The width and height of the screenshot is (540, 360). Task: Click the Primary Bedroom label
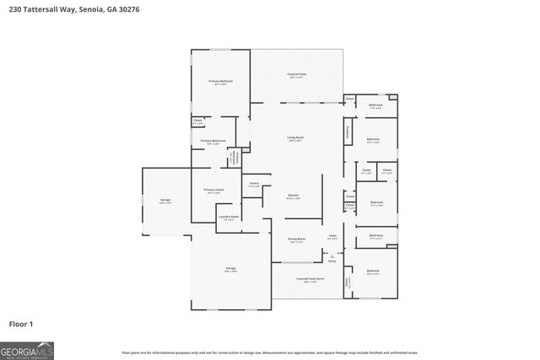coord(221,82)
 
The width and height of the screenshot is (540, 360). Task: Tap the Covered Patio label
coord(296,76)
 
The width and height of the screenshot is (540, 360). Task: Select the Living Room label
coord(295,137)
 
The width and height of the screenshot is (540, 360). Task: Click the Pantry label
coord(254,184)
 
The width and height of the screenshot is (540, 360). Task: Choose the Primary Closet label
coord(213,191)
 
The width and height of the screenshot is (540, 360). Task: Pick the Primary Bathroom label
coord(213,142)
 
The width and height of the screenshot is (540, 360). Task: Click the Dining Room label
coord(295,239)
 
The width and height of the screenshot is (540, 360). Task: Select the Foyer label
coord(332,236)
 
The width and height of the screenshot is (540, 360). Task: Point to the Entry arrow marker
coord(332,260)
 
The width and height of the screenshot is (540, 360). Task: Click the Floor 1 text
coord(22,323)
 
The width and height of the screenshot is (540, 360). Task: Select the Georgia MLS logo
coord(27,350)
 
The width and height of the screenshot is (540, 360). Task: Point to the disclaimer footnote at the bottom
coord(269,352)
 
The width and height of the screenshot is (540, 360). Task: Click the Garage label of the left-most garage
coord(165,201)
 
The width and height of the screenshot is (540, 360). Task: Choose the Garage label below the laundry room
coord(230,269)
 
